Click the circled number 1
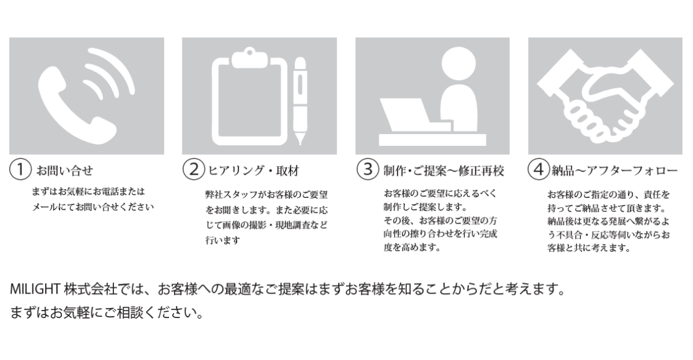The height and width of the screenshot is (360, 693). point(20,170)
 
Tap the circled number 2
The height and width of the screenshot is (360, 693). point(193,170)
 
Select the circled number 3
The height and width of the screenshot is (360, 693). point(367,170)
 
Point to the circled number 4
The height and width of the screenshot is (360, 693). point(538,170)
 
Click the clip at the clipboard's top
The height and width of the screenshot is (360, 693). point(249,59)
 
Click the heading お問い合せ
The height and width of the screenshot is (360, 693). point(65,171)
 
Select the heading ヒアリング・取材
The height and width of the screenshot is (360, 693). point(254,171)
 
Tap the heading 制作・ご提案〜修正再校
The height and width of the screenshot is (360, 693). point(444,171)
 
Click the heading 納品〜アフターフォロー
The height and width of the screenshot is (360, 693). point(614,171)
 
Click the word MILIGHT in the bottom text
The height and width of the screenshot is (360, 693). point(35,289)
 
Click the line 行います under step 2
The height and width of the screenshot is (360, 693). point(223,240)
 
